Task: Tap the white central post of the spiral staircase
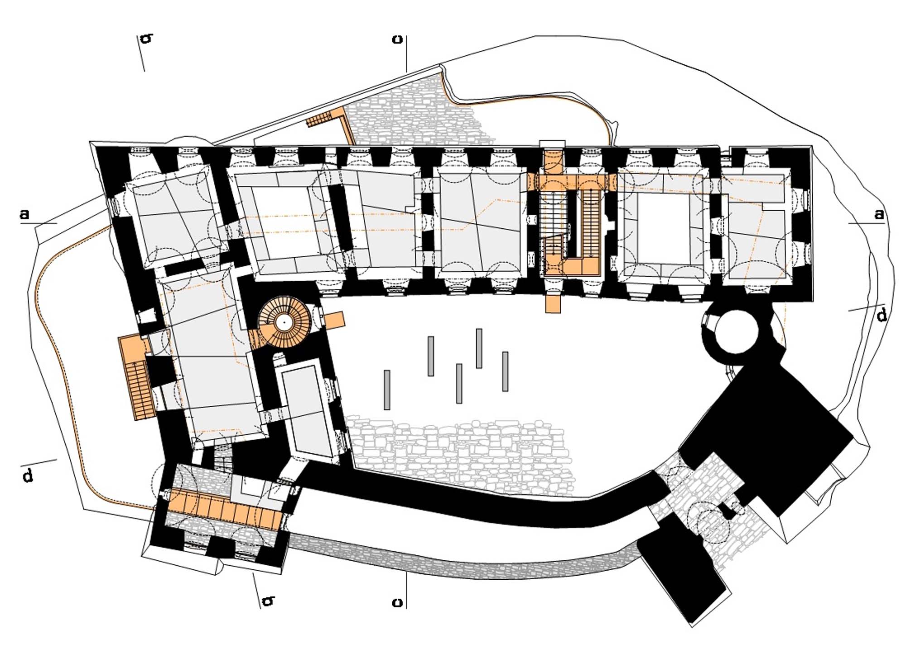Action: click(x=284, y=322)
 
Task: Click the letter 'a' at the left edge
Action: click(x=24, y=214)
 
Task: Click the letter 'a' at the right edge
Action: click(x=879, y=214)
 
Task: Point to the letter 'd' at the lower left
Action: click(x=28, y=475)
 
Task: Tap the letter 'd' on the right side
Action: click(x=882, y=315)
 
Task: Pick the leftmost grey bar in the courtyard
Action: click(x=387, y=390)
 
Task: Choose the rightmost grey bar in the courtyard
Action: click(x=505, y=371)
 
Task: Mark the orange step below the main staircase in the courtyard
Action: click(x=553, y=303)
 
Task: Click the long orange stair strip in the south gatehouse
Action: click(x=224, y=510)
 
